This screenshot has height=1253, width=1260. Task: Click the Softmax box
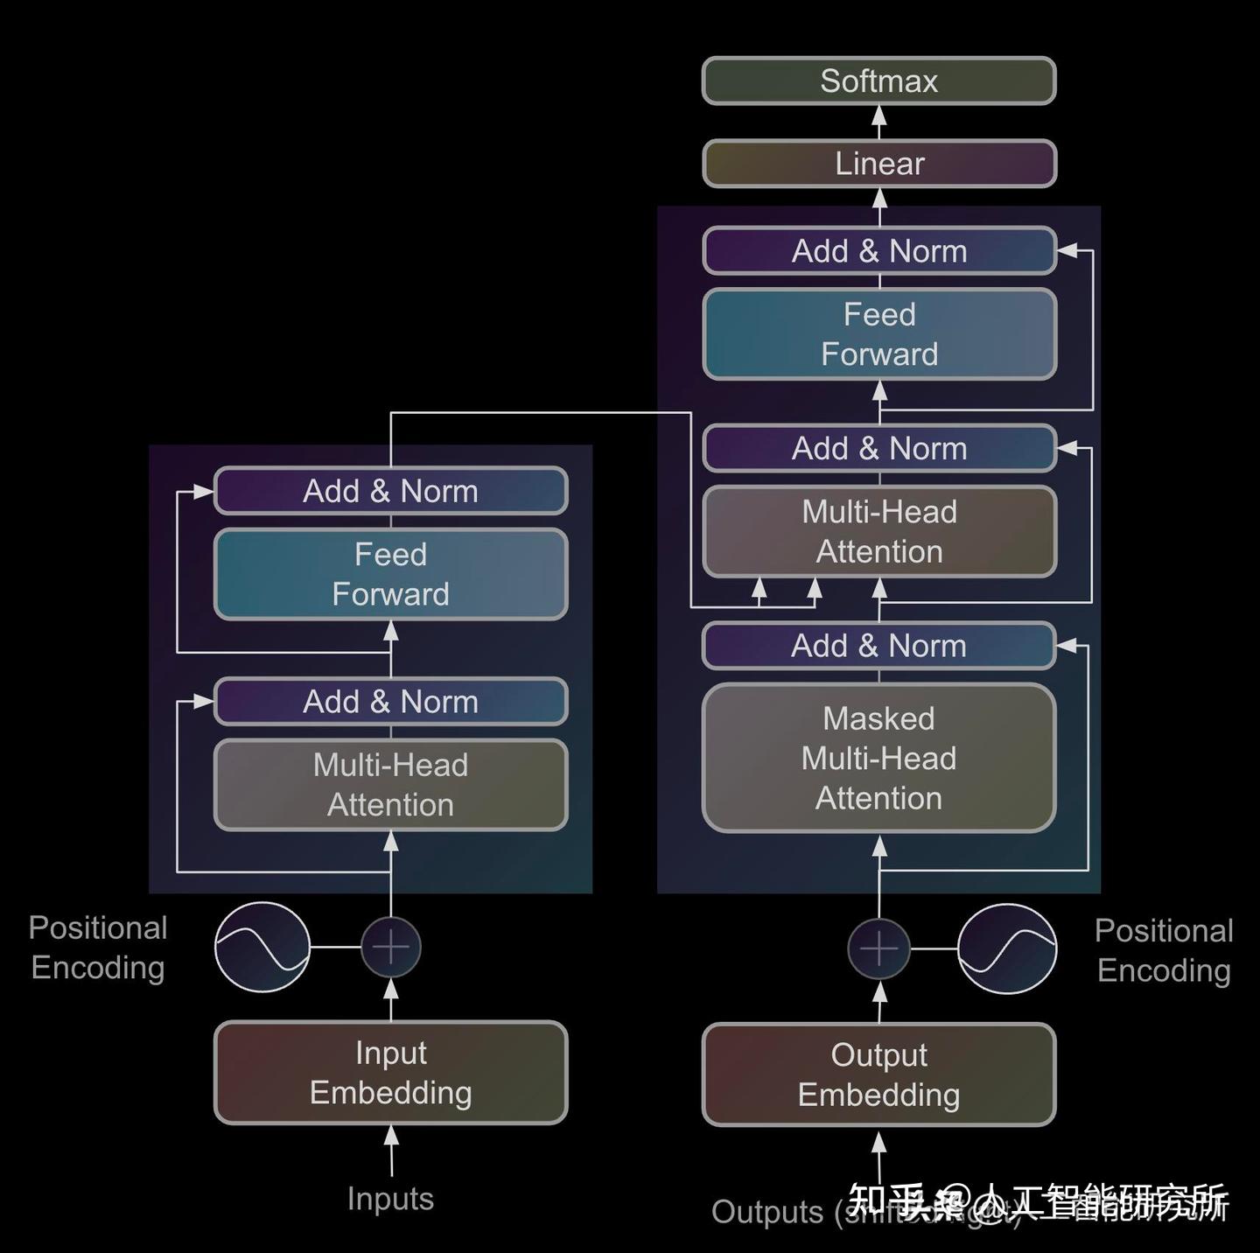point(878,80)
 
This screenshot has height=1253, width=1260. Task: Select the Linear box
point(878,164)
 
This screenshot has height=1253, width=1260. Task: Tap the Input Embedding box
point(390,1072)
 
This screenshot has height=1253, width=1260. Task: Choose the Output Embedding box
point(878,1074)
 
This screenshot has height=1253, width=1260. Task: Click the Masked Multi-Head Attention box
point(878,758)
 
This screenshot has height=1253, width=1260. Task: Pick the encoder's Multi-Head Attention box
point(390,785)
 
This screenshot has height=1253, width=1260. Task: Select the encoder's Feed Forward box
point(390,574)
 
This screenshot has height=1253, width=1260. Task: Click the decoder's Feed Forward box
point(878,334)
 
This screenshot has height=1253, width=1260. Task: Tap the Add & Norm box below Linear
point(878,251)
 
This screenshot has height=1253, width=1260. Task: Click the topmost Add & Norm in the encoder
point(390,491)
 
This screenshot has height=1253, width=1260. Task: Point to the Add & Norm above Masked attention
point(878,646)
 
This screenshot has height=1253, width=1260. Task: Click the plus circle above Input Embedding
point(390,947)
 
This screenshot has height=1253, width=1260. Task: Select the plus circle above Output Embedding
point(878,948)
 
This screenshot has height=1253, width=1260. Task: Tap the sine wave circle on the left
point(262,947)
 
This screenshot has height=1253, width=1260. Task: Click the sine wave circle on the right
point(1006,948)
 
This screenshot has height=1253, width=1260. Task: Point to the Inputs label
point(390,1198)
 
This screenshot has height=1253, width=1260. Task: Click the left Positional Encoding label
point(97,948)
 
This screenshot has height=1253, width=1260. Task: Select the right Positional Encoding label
point(1163,950)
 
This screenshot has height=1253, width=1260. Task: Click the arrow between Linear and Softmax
point(879,122)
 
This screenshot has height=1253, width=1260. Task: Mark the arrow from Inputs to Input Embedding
point(391,1149)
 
